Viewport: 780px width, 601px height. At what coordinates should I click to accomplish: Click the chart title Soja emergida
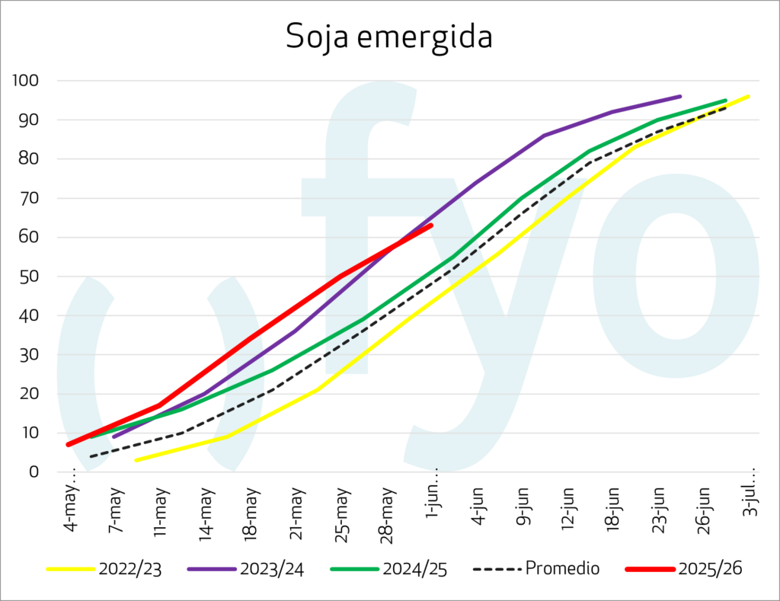point(389,37)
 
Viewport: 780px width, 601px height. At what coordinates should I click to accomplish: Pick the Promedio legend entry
point(562,568)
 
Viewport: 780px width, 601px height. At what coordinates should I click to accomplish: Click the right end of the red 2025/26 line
point(432,225)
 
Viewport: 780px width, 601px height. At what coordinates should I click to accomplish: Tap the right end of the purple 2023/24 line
point(679,97)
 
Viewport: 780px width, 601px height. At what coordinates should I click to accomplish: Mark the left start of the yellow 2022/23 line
point(136,460)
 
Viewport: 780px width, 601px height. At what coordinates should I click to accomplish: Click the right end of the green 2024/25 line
point(725,101)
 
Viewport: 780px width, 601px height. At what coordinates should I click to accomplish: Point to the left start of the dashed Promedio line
point(91,457)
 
